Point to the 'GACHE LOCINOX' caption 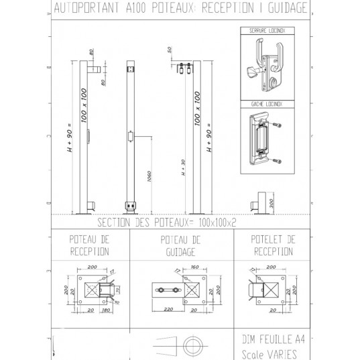267,105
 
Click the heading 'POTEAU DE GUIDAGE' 178,246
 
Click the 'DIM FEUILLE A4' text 265,338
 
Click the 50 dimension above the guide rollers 171,50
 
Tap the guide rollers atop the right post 186,70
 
